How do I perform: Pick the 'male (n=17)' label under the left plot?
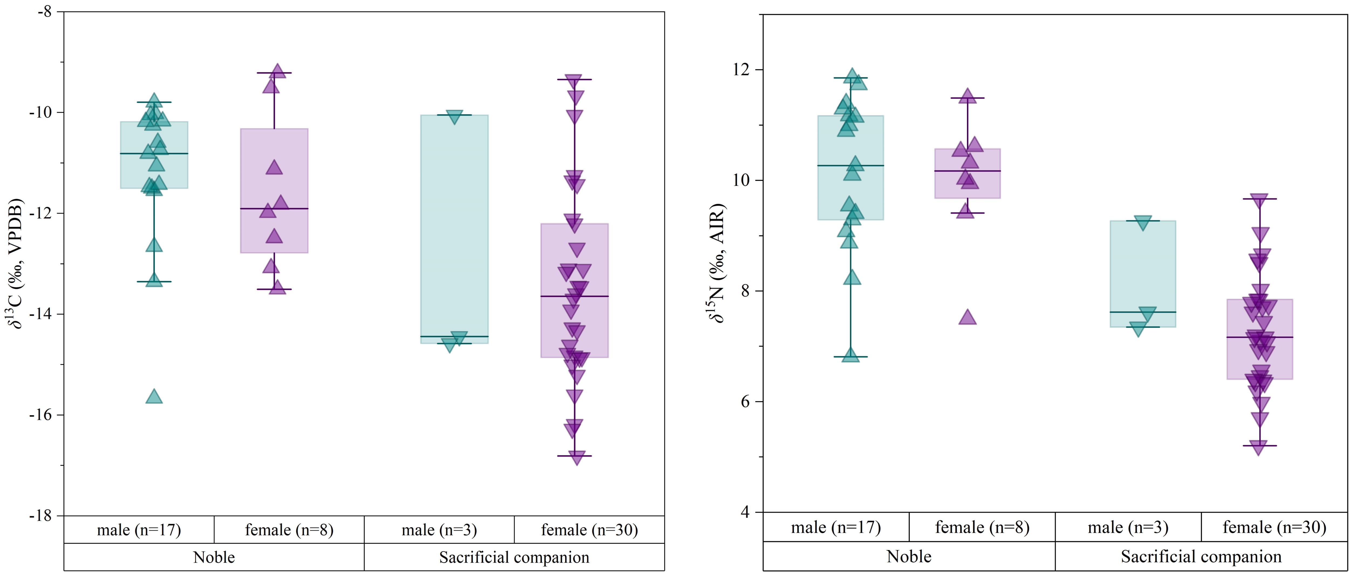click(139, 530)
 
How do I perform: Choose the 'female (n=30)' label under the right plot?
click(1274, 527)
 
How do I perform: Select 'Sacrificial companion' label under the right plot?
click(1201, 556)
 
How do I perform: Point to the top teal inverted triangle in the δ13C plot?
click(454, 117)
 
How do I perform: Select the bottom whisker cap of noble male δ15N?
click(850, 357)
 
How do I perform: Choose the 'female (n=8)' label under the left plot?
click(289, 530)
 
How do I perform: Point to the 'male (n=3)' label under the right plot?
click(1128, 527)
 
